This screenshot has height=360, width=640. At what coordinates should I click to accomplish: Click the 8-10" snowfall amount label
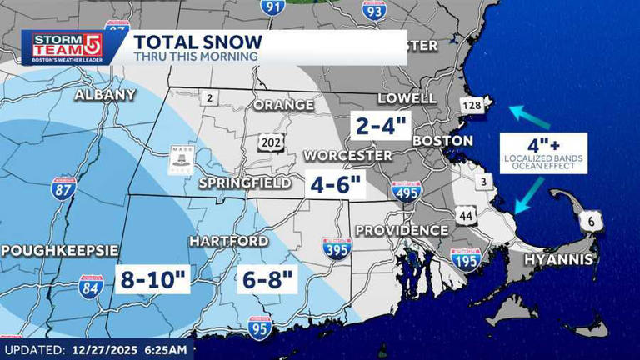(152, 279)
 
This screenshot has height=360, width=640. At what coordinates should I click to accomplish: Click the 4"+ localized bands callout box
(543, 151)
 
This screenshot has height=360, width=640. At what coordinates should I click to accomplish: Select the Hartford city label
(228, 241)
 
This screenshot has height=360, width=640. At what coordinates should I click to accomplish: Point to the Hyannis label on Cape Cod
(558, 260)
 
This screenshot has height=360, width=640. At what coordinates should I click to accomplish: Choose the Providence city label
(402, 230)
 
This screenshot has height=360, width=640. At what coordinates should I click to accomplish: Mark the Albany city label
(104, 94)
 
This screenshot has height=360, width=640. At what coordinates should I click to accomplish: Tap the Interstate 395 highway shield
(337, 248)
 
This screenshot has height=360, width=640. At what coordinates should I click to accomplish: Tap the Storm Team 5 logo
(62, 47)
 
